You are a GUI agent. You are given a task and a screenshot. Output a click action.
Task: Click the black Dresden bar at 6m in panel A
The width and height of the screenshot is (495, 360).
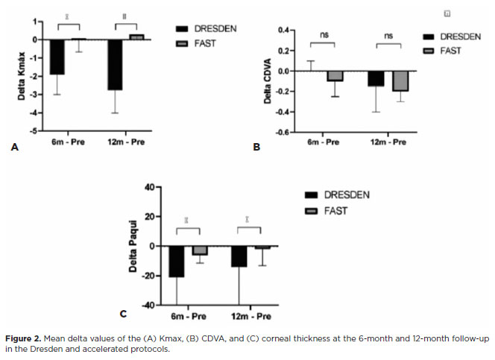57,57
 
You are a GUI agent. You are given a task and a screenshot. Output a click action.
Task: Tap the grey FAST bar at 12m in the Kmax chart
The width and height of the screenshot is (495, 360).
136,37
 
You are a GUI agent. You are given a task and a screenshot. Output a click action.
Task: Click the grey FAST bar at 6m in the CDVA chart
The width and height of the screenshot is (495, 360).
335,76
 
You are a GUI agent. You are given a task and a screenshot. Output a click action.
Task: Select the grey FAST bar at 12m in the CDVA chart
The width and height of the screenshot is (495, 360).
400,80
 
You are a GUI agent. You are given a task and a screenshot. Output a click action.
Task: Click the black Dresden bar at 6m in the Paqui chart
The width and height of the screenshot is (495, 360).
176,261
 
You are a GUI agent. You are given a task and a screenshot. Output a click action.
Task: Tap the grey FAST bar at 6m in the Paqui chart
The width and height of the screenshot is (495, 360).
200,250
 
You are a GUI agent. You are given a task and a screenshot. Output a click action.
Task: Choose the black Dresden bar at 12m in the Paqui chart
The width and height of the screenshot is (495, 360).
239,256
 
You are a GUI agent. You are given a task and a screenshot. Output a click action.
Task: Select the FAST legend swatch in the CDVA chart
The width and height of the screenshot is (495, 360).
428,51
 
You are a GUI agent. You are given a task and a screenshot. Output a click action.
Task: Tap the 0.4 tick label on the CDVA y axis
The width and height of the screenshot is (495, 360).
282,31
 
